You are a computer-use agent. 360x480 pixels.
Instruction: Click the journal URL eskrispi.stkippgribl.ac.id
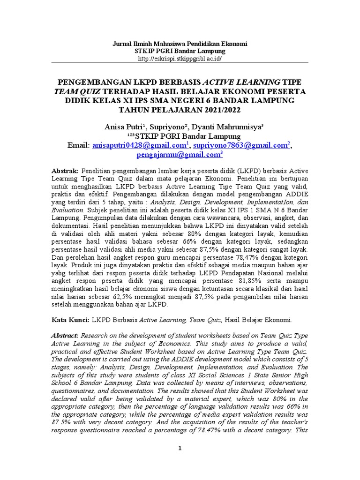[180, 59]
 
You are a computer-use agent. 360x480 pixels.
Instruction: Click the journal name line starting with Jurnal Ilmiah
[180, 43]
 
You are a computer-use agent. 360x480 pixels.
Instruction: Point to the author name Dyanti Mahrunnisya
[229, 127]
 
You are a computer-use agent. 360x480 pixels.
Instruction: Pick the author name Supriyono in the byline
[166, 127]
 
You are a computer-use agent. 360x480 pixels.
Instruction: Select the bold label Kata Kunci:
[70, 320]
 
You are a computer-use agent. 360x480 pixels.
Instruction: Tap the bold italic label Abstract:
[65, 336]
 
